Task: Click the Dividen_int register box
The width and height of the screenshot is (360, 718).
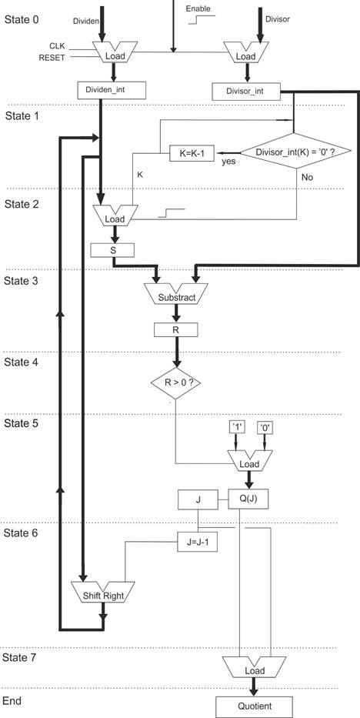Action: coord(114,89)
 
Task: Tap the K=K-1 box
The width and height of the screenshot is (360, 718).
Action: coord(191,153)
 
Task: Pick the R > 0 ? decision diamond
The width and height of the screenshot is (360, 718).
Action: coord(175,379)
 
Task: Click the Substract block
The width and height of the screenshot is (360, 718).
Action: coord(176,296)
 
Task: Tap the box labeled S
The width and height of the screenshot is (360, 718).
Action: coord(112,250)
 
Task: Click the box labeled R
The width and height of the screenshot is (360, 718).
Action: coord(176,330)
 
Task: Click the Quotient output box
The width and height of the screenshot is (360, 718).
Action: coord(253,705)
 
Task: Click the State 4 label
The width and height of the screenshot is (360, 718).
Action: coord(26,361)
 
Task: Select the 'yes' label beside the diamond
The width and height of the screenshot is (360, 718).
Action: coord(228,162)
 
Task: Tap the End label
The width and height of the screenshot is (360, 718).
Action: coord(12,701)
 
